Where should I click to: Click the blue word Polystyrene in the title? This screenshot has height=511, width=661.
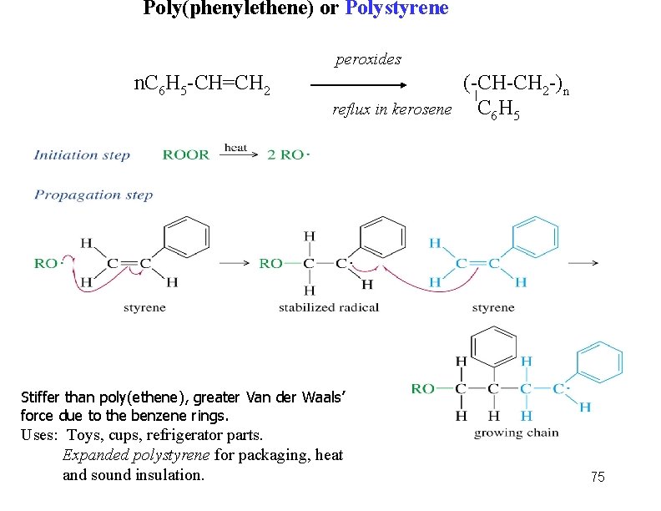point(396,9)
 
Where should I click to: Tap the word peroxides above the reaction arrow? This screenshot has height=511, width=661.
point(368,59)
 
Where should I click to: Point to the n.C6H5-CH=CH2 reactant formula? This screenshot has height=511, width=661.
point(202,83)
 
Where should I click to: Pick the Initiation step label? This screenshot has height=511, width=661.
point(82,154)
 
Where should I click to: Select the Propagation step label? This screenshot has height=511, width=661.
point(93,195)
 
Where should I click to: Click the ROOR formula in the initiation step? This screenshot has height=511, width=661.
point(186,154)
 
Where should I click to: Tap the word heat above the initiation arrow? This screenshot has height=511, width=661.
point(236,148)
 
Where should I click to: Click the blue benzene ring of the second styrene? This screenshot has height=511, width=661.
point(533,237)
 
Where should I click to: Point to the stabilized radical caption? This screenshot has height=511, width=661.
point(329,307)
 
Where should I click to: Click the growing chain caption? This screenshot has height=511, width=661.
point(516,433)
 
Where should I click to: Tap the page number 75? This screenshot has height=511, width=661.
point(597,477)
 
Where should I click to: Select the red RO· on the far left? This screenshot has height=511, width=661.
point(48,263)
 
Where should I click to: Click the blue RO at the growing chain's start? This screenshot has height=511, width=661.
point(422,387)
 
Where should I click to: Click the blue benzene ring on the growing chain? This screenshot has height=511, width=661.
point(599,362)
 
